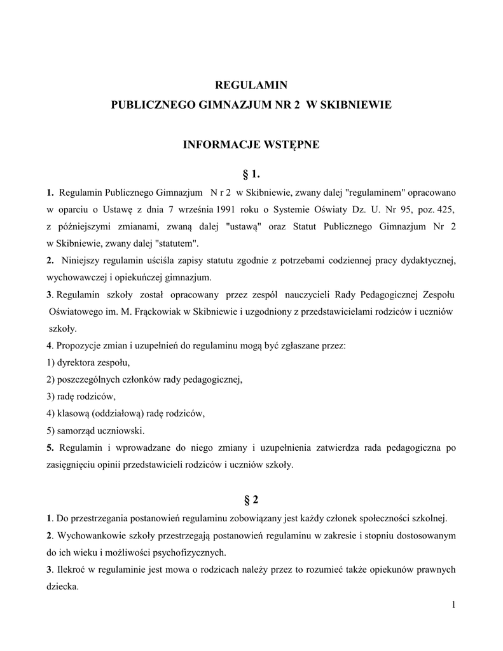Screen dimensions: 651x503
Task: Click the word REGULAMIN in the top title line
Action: (x=251, y=85)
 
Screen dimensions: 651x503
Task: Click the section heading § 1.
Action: (x=251, y=174)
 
